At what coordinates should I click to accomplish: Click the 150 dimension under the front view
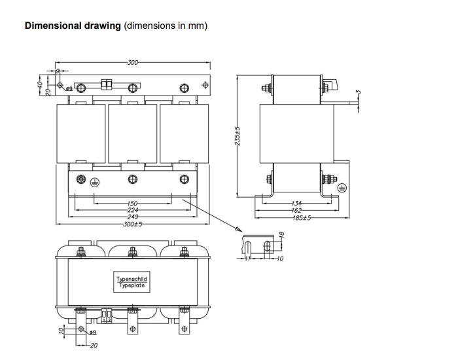coord(133,203)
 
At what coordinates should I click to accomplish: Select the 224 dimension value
coord(133,210)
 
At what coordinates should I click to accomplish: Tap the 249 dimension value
coord(133,217)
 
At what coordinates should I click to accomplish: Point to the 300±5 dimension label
coord(133,224)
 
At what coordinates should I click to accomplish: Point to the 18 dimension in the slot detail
coord(281,235)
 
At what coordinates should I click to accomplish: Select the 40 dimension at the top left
coord(40,82)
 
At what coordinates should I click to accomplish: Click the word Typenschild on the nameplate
coord(132,279)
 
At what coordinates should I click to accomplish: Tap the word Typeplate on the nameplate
coord(132,285)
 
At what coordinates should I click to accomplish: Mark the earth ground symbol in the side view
coord(340,187)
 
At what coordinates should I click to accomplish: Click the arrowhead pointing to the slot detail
coord(234,230)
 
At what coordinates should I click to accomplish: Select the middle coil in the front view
coord(132,134)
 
